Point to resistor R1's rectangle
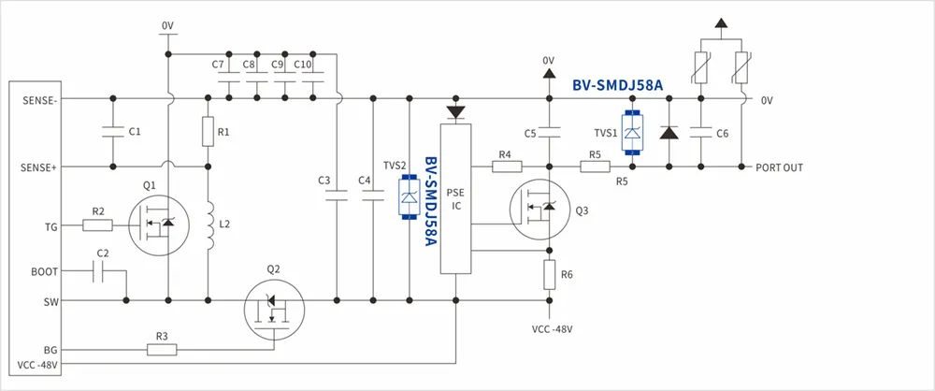(207, 132)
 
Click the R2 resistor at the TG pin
(98, 224)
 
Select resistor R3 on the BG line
(162, 350)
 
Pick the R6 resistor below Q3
(549, 274)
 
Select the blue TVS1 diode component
(633, 133)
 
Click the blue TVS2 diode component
(409, 195)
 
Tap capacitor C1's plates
(112, 132)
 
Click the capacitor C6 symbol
(702, 133)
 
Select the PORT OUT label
(779, 167)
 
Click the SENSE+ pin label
(38, 167)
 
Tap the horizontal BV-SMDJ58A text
(617, 85)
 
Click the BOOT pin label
(44, 271)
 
